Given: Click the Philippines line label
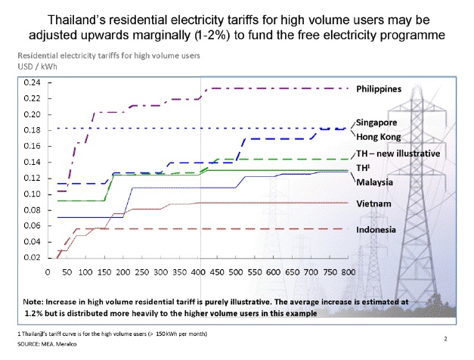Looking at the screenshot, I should tap(384, 88).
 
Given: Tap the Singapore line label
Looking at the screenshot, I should tap(381, 122).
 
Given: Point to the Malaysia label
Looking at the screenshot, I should tap(378, 182).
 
